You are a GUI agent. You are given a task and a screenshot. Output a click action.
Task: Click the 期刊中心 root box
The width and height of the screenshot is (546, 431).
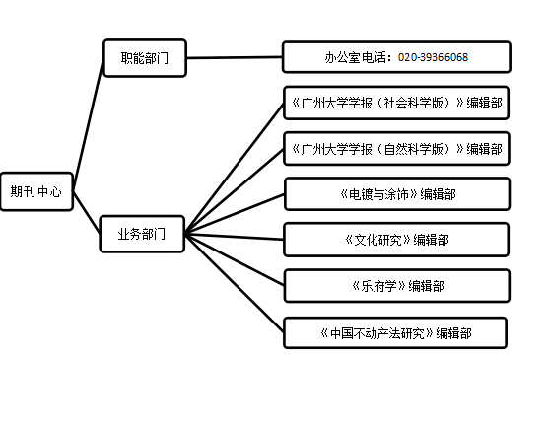[36, 191]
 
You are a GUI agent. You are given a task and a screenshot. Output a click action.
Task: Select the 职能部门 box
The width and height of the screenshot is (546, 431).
[145, 58]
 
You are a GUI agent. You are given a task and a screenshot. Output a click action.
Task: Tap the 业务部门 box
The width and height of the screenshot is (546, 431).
[142, 234]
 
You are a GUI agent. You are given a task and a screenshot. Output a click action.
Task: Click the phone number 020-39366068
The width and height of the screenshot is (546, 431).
[433, 57]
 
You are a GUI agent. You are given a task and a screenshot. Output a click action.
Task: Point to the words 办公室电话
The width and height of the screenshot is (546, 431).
[355, 57]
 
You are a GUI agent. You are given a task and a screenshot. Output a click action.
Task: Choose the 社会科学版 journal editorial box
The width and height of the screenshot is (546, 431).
[396, 103]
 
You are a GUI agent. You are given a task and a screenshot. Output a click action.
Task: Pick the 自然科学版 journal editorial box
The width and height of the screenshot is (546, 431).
[396, 149]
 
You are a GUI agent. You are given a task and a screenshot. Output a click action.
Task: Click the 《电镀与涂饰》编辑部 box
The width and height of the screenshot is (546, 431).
[397, 194]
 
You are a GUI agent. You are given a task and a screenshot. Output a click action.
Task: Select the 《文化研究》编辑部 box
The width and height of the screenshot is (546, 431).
[396, 240]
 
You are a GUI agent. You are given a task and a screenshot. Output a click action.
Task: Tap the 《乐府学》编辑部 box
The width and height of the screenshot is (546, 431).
[397, 286]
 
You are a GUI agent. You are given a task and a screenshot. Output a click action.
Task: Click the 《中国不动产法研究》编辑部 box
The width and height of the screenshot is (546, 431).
[395, 332]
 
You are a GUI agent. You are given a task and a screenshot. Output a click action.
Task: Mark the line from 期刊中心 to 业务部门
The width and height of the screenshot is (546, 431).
[87, 212]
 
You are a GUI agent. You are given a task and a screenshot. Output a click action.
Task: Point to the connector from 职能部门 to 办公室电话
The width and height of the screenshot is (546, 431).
[235, 57]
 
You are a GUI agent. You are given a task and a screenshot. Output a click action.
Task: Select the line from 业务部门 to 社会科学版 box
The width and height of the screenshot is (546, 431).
[234, 169]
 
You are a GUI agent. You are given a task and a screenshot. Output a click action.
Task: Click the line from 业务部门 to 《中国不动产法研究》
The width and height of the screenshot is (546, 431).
[234, 282]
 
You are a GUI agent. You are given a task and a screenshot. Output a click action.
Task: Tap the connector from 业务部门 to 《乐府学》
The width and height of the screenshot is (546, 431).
[234, 259]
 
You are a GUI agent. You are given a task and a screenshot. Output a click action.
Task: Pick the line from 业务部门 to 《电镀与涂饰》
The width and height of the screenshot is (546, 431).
[235, 214]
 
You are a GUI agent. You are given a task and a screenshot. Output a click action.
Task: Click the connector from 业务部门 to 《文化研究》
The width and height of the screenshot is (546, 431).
[234, 237]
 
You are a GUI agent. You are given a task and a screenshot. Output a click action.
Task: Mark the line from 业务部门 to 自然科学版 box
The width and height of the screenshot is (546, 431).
[234, 191]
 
